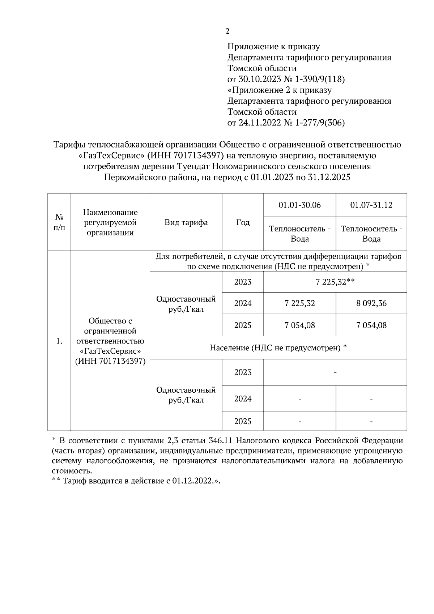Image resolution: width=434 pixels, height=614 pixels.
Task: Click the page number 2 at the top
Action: tap(227, 32)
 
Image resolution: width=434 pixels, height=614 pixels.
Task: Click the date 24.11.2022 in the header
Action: tap(259, 123)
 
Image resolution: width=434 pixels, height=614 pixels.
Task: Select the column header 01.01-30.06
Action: tap(299, 205)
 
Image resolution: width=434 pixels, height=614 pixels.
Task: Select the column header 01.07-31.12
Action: tap(371, 205)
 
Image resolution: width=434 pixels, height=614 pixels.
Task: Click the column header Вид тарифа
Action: tap(186, 222)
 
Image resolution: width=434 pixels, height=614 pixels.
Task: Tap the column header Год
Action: tap(243, 222)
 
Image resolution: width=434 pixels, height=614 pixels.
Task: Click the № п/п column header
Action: tap(59, 222)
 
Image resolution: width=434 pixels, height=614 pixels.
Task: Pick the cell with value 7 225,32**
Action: tap(335, 282)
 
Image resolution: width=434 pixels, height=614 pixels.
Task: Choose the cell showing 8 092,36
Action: tap(371, 303)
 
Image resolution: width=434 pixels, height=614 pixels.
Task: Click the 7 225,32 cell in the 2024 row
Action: tap(299, 303)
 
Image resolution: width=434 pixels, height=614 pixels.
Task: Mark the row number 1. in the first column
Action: tap(60, 341)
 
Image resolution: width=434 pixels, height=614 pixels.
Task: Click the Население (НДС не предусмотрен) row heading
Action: tap(278, 348)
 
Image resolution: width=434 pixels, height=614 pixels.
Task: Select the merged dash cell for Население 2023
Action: tap(335, 372)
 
